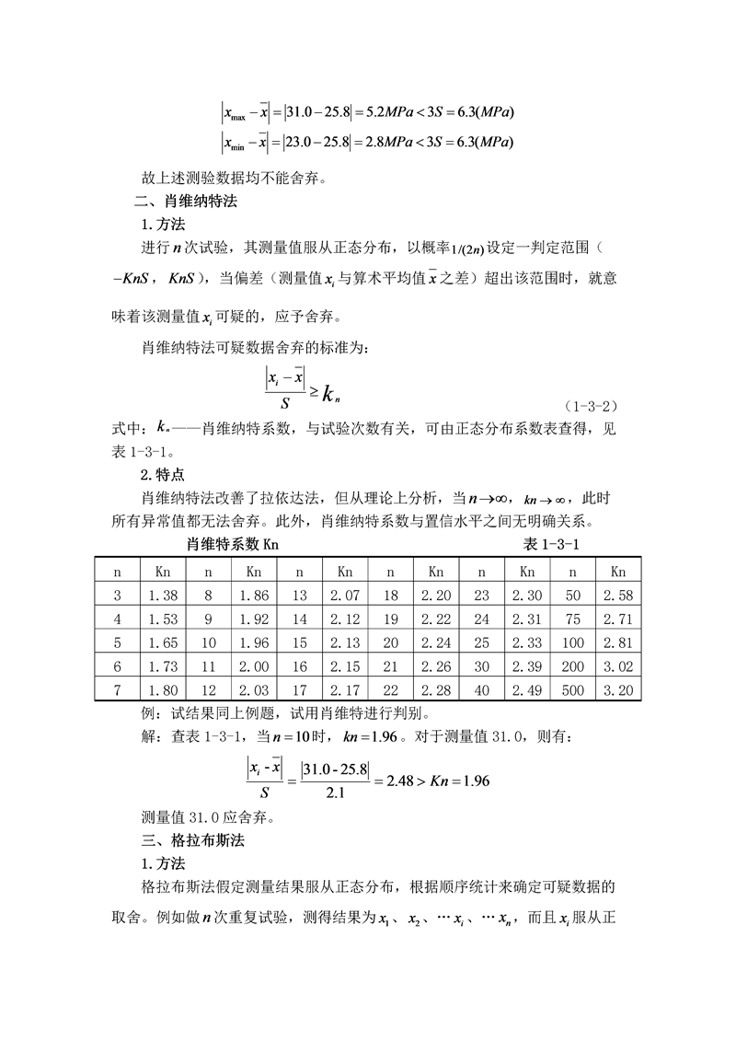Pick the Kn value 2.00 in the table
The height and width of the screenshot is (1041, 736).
(x=258, y=666)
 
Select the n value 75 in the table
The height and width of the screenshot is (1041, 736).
(x=573, y=619)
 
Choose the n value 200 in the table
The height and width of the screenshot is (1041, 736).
(x=573, y=666)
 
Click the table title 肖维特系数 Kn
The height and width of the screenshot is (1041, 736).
(x=233, y=545)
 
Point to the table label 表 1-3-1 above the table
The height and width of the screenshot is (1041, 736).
(x=557, y=545)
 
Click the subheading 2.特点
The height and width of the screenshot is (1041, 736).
(x=158, y=474)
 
